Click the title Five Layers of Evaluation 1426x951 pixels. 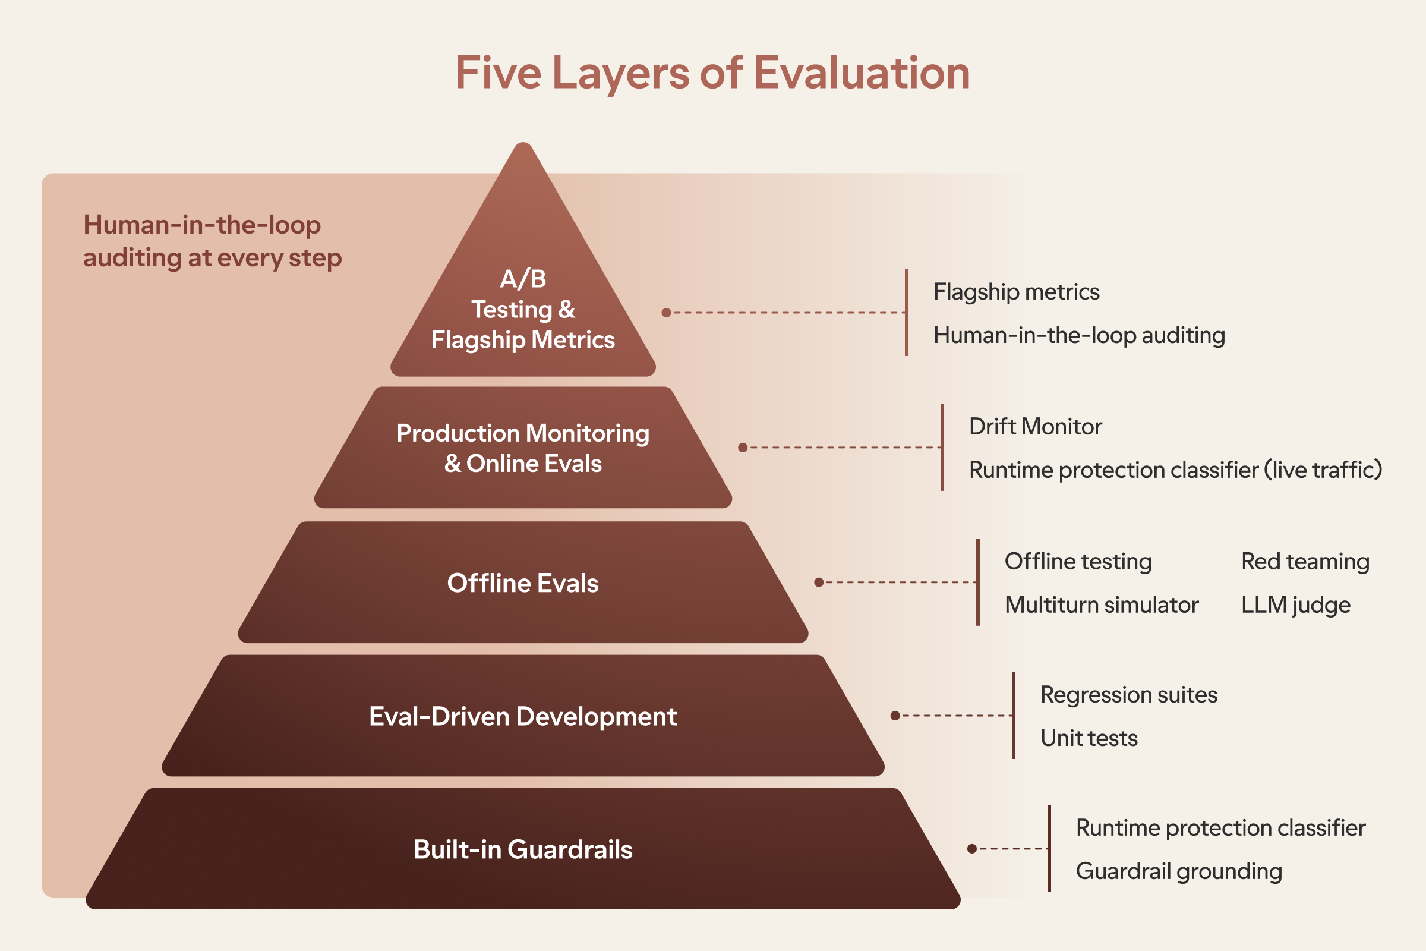(x=712, y=73)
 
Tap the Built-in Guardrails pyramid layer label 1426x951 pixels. (x=523, y=849)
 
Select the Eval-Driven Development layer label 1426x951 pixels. (x=523, y=717)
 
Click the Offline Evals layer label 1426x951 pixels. (x=523, y=583)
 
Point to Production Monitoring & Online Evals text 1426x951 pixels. (x=523, y=448)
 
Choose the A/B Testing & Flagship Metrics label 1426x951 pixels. (x=523, y=309)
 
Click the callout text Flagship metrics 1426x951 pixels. (x=1016, y=292)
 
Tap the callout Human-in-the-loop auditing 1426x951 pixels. (x=1079, y=335)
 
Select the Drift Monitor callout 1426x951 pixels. (x=1036, y=426)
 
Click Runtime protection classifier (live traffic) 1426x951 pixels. (x=1176, y=470)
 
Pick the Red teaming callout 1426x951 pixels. (x=1305, y=562)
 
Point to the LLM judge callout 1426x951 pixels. (x=1296, y=605)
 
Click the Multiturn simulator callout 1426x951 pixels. (x=1102, y=604)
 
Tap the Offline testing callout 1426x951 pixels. (x=1078, y=562)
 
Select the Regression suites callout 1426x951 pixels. (x=1129, y=694)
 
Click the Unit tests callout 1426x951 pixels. (x=1089, y=738)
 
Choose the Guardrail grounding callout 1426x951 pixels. (x=1179, y=871)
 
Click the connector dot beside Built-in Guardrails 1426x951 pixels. (x=972, y=849)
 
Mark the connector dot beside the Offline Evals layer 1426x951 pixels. (x=819, y=582)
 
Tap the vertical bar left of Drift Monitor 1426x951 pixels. (x=942, y=448)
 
